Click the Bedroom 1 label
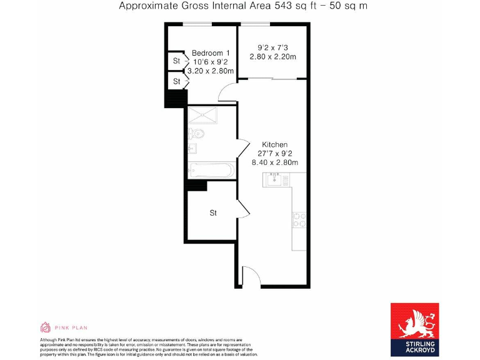click(211, 52)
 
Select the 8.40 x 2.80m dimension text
click(274, 162)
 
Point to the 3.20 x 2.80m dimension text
click(211, 71)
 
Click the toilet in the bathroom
click(197, 133)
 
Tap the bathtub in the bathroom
click(211, 169)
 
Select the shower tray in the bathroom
click(211, 114)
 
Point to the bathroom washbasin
click(192, 149)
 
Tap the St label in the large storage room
click(212, 213)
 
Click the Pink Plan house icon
click(46, 327)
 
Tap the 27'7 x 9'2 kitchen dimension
click(274, 153)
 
